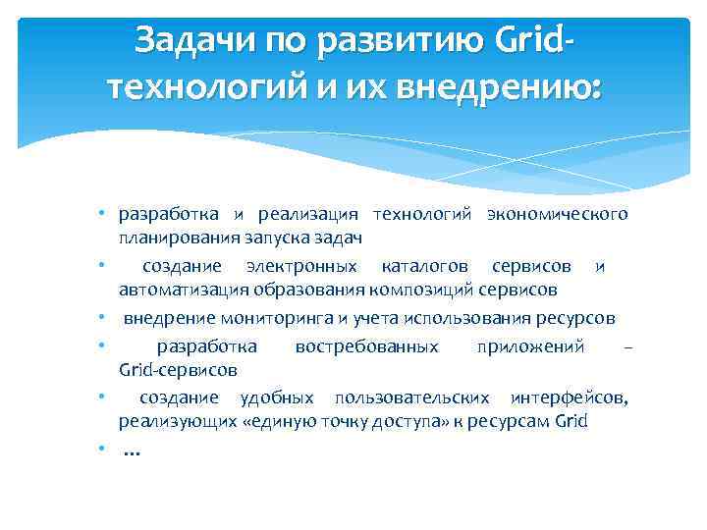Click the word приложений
[x=530, y=345]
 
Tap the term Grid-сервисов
[x=177, y=370]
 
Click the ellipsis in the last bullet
[x=132, y=452]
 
